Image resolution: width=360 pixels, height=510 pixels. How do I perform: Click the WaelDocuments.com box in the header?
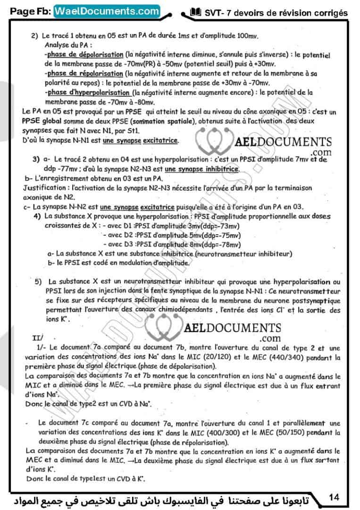coord(107,11)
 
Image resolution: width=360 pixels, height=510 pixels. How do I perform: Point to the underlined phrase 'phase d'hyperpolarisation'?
coord(87,93)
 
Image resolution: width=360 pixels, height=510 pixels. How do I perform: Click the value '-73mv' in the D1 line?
coord(227,226)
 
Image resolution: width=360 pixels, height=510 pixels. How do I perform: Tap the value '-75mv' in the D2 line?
coord(227,235)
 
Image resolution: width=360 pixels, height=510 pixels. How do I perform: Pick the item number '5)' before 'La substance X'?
coord(39,282)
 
